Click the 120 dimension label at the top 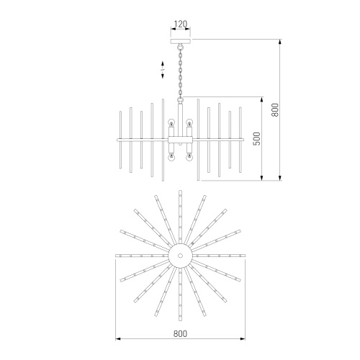[x=180, y=24]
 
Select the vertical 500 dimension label [x=257, y=138]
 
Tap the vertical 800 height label [x=275, y=110]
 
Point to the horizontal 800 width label [x=180, y=333]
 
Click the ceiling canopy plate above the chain [x=180, y=41]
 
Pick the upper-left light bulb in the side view [x=171, y=122]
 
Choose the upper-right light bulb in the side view [x=189, y=122]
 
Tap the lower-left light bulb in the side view [x=171, y=157]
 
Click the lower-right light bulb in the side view [x=189, y=157]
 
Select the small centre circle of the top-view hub [x=180, y=256]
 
